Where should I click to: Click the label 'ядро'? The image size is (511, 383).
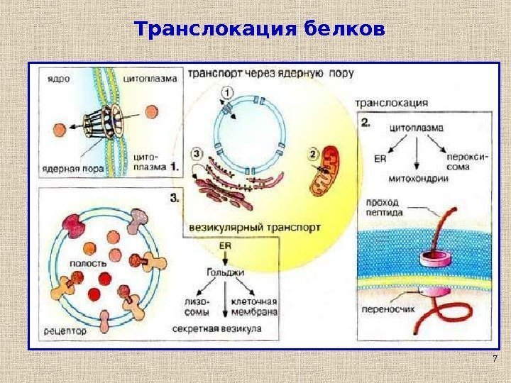(60, 79)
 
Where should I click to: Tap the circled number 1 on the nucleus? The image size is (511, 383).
(227, 92)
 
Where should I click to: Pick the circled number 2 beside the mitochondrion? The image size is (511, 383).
(314, 154)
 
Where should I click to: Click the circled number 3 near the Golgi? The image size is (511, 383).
(197, 153)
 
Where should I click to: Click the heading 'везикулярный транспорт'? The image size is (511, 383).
(255, 228)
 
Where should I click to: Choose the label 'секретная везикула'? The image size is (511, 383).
(216, 330)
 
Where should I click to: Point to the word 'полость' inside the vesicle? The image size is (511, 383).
(88, 262)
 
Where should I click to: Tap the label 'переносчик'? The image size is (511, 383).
(387, 309)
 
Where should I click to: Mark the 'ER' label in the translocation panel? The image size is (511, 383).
(380, 158)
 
